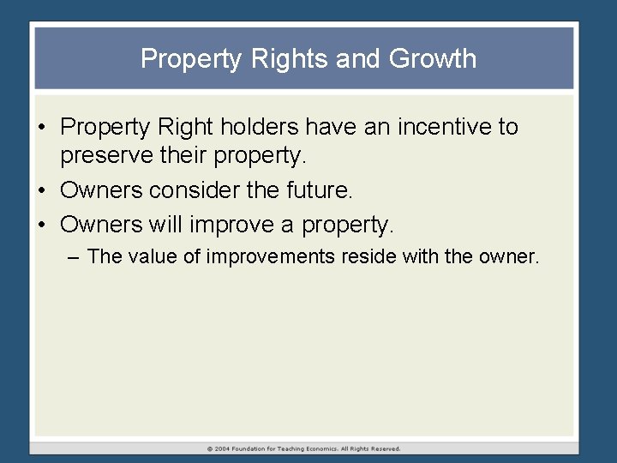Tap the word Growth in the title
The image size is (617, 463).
(433, 59)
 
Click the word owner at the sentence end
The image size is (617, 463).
(506, 256)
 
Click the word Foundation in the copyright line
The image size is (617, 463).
(255, 448)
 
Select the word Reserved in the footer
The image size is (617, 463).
(384, 448)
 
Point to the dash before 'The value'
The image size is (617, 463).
(75, 256)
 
